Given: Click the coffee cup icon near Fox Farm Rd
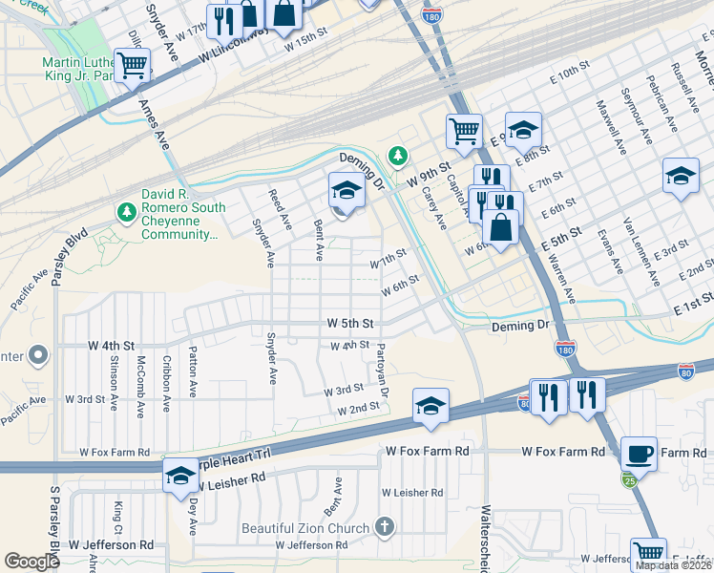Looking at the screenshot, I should pos(639,453).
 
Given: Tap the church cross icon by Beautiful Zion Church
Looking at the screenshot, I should pos(384,527).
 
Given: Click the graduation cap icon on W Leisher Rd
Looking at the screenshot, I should pos(179,476).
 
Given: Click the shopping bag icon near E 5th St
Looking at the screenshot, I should pos(501,226).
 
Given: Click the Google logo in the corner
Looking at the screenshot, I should pos(31,562).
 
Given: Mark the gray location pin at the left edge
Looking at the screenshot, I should pos(37,356).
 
